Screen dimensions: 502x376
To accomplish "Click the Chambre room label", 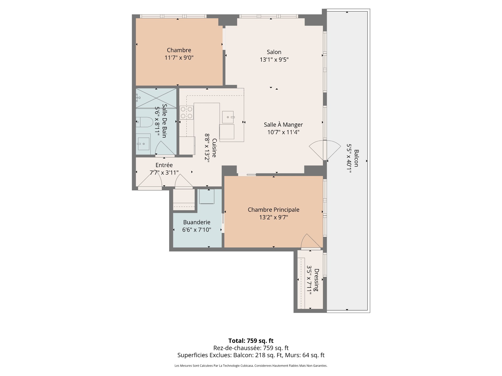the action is (179, 50).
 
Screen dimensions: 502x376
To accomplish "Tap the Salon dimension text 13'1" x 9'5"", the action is (274, 60).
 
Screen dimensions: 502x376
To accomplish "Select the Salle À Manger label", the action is (283, 125).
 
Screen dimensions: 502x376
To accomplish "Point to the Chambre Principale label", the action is (273, 210).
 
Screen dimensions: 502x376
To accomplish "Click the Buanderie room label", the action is (197, 222).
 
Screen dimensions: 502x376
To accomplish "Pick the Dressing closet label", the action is (316, 280).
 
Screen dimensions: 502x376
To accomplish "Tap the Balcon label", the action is (356, 158).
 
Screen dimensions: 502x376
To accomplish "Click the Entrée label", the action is (164, 165).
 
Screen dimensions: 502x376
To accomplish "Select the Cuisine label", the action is (214, 148).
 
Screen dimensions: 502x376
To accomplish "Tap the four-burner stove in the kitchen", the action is (186, 113).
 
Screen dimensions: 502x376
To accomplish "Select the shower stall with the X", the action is (156, 98).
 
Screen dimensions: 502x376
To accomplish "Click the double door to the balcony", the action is (325, 150).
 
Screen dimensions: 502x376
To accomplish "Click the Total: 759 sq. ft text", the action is (251, 341).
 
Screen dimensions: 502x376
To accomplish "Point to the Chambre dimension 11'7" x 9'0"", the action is (179, 58).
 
